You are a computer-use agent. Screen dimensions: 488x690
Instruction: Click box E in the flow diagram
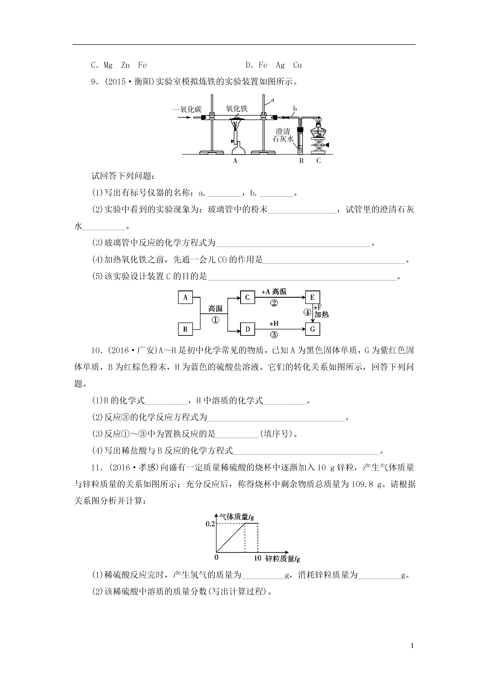pyautogui.click(x=312, y=298)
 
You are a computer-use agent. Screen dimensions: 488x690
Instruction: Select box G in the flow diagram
pyautogui.click(x=312, y=329)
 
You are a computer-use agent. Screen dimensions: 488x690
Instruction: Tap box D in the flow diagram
pyautogui.click(x=248, y=329)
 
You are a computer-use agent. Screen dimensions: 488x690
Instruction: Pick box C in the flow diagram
pyautogui.click(x=248, y=298)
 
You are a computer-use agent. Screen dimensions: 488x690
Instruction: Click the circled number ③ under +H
pyautogui.click(x=274, y=335)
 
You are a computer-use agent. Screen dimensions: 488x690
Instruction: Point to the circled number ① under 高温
pyautogui.click(x=215, y=320)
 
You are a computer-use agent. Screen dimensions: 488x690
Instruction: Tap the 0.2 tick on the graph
pyautogui.click(x=210, y=524)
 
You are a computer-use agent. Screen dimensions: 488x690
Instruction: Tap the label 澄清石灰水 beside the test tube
pyautogui.click(x=283, y=135)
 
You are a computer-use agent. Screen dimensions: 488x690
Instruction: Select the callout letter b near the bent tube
pyautogui.click(x=295, y=109)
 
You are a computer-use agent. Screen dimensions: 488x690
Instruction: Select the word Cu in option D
pyautogui.click(x=297, y=65)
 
